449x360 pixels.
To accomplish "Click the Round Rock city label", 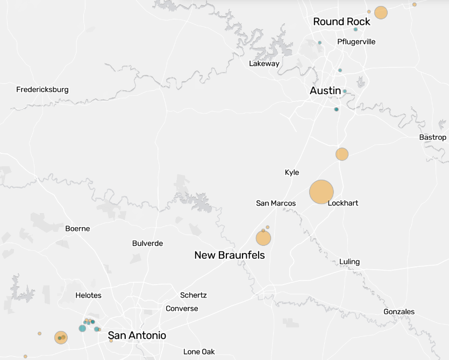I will [x=341, y=22].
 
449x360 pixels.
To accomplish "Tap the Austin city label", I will [x=325, y=90].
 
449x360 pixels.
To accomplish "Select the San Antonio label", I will [x=137, y=335].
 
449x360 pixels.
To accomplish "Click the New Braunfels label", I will [x=230, y=255].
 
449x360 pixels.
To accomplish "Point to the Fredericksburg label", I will [x=42, y=89].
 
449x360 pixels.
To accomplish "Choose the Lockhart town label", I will [x=343, y=203].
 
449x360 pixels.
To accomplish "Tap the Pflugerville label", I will [x=356, y=41].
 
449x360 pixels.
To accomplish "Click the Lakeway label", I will [x=264, y=63].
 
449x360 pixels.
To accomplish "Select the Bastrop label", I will [x=432, y=137].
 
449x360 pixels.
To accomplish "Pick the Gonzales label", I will [x=399, y=312].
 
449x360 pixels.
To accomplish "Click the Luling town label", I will [x=350, y=262].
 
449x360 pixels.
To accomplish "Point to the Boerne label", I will [x=77, y=229].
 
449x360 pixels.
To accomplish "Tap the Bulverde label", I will [x=147, y=243].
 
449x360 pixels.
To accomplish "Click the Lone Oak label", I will [x=199, y=352].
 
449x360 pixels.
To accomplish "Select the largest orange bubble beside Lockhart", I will [x=322, y=192].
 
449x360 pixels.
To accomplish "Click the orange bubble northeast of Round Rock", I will [x=381, y=12].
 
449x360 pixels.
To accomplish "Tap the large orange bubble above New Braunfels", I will [x=263, y=238].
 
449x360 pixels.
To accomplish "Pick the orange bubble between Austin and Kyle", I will [x=342, y=154].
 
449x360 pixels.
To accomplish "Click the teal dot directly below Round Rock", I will [x=355, y=29].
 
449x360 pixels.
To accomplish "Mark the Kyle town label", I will [x=292, y=172].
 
